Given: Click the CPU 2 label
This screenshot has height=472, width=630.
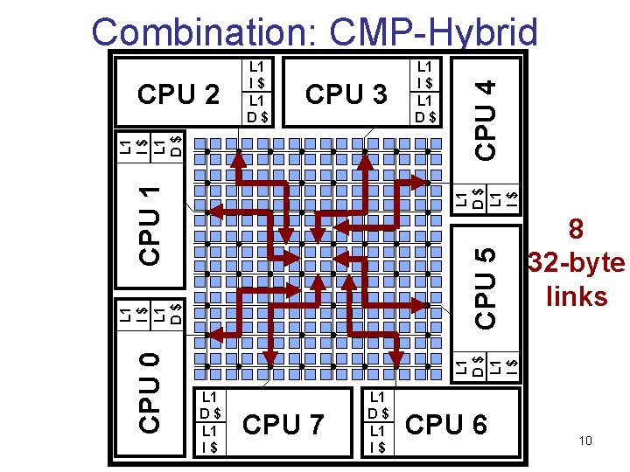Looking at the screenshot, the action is pos(178,93).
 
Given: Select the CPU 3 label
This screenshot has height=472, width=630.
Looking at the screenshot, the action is pos(346,93).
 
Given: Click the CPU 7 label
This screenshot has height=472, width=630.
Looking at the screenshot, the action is pos(283,425).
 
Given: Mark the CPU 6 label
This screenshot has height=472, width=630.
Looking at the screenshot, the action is pos(446,425).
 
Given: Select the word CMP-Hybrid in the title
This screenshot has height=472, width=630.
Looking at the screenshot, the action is pos(434,32).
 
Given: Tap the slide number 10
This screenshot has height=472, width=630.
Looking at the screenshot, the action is pos(585,441).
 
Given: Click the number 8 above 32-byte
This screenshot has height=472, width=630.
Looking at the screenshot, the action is pos(576,230).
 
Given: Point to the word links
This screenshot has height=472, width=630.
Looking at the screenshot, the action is pos(576,296).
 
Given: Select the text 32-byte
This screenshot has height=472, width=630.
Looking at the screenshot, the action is pos(576,263).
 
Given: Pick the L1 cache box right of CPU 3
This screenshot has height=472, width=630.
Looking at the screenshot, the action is pos(426,91).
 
